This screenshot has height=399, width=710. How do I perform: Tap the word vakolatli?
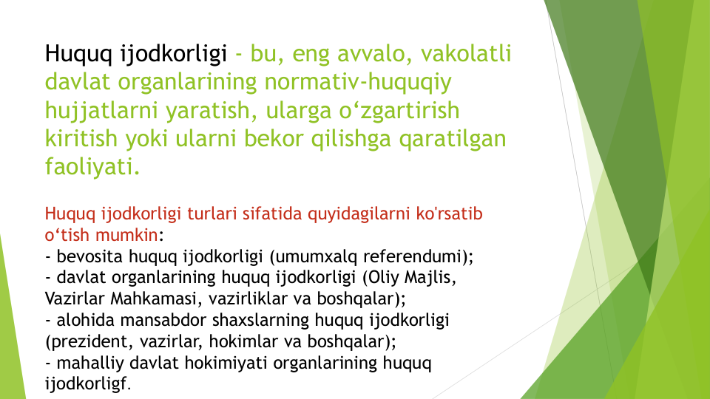point(466,53)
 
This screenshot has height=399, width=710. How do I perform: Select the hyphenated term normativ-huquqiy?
point(358,82)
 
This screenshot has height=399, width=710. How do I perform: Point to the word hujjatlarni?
point(101,111)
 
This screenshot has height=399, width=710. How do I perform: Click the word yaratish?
point(208,111)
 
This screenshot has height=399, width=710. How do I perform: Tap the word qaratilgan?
point(453,139)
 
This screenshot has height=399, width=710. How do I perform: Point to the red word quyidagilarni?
point(359,214)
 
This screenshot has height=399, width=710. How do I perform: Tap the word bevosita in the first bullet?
point(89,256)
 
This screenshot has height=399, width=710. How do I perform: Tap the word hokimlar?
point(243,341)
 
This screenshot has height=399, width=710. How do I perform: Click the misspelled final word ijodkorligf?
point(86,384)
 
